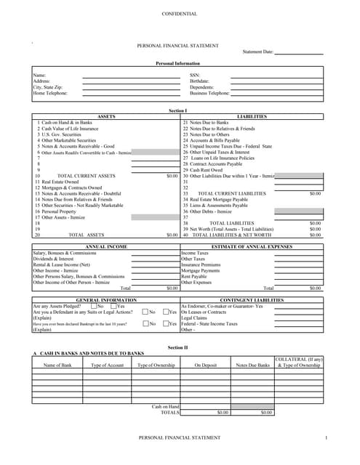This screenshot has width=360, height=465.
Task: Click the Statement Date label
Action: pos(258,52)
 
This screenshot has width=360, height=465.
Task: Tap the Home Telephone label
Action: pos(50,93)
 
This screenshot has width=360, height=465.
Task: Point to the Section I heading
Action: pos(177,110)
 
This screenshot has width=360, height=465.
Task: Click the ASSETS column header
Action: pos(106,116)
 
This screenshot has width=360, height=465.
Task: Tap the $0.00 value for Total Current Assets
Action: pos(172,176)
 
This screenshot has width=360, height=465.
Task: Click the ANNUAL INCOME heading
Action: pos(106,247)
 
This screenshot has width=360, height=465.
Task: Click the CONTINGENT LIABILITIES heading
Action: pos(252,299)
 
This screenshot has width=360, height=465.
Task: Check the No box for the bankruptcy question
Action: pos(145,323)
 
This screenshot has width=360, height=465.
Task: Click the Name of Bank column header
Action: pos(57,365)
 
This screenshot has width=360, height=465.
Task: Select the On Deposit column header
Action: pos(205,365)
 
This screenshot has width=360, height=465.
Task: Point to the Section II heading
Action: pos(177,347)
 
